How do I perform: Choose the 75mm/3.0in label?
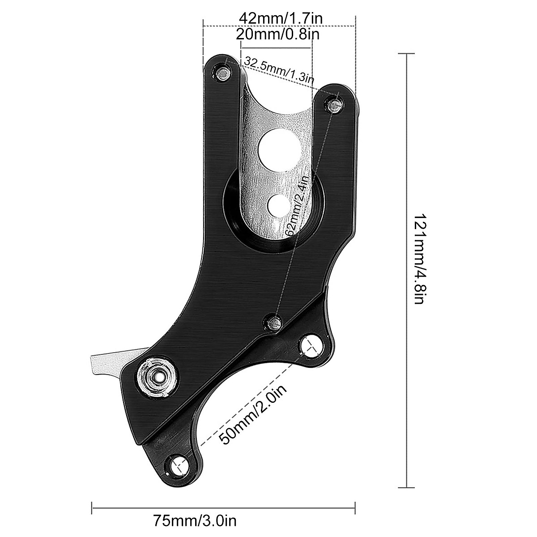195,521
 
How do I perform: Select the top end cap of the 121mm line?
406,54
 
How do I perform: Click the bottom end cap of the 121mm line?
406,487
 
